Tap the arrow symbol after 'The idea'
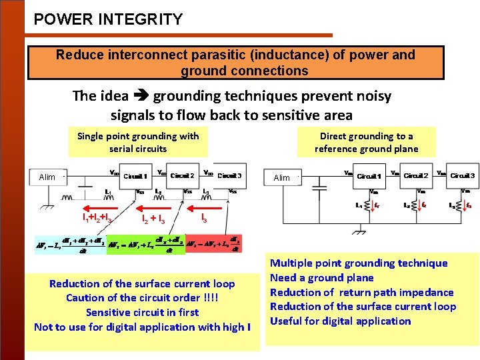(141, 96)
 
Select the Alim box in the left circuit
(47, 177)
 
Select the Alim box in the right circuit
(282, 177)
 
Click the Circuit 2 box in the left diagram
(183, 175)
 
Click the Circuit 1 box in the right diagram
(369, 176)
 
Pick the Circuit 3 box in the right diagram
(463, 175)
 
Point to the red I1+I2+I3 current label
(96, 217)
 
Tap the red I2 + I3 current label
(153, 217)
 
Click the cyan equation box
(70, 244)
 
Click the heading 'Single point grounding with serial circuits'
(138, 142)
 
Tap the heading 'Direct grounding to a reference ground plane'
(367, 142)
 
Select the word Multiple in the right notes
(293, 263)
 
